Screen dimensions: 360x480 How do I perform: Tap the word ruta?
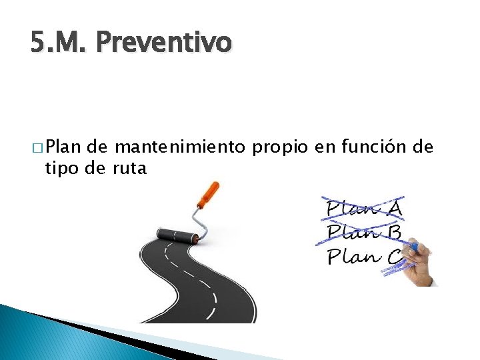coord(129,168)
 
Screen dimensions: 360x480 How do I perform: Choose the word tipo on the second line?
coord(59,168)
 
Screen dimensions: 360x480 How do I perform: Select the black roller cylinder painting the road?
coord(177,235)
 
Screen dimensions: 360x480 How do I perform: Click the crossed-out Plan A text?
coord(363,208)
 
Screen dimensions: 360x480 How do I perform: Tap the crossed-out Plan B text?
coord(363,232)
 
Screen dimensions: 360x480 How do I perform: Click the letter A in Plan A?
coord(394,208)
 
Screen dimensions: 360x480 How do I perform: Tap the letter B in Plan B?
coord(393,232)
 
